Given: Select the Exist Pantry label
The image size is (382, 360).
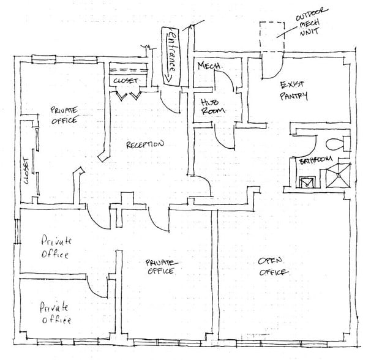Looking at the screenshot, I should click(293, 90).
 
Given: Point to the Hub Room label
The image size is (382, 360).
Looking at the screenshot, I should click(212, 106).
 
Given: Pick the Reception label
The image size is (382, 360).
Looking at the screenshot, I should click(144, 145).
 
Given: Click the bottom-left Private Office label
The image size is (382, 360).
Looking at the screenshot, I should click(55, 313).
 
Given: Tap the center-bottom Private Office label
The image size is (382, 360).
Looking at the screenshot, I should click(160, 267).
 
